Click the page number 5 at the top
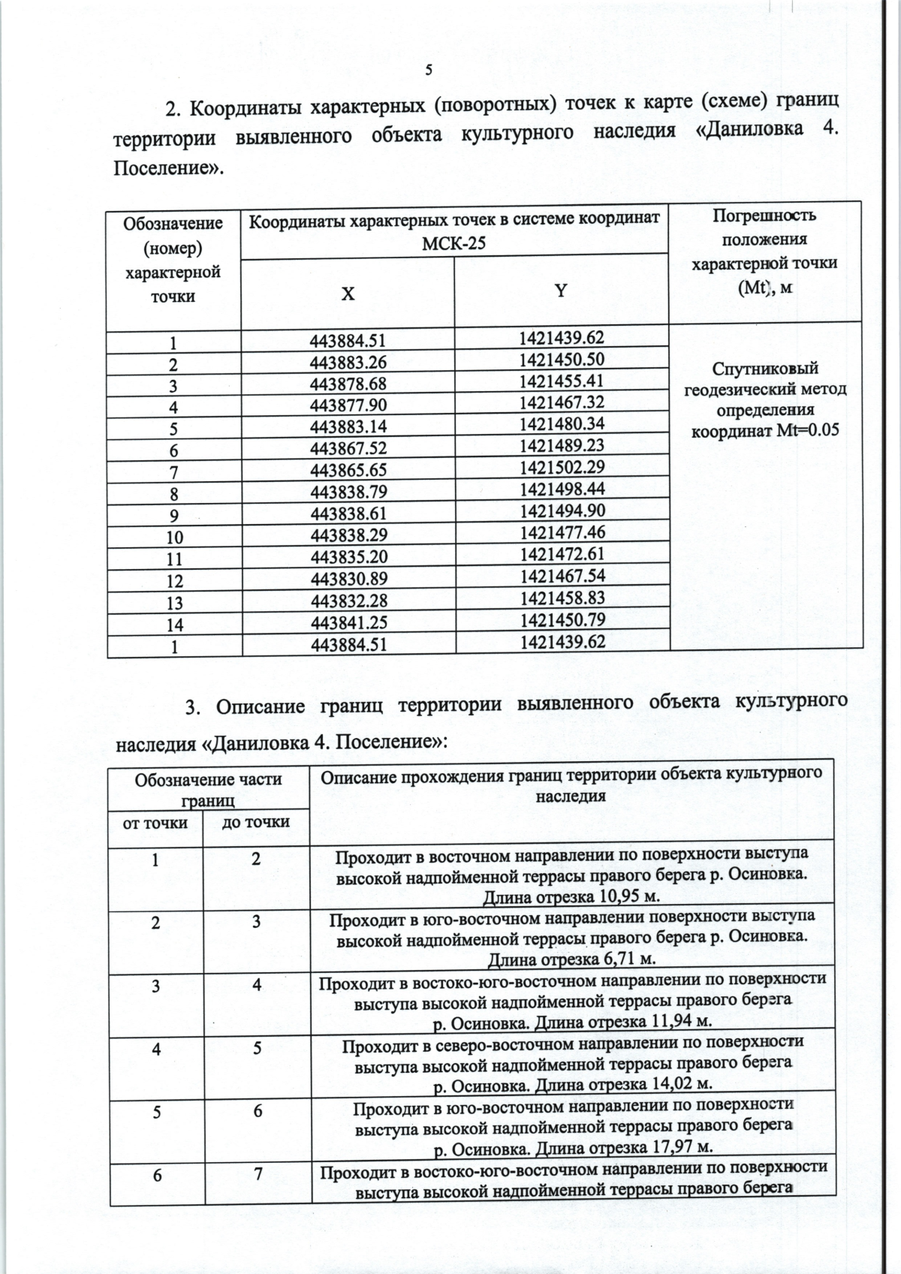coord(429,71)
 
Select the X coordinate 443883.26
coord(348,363)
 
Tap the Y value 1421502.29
coord(561,467)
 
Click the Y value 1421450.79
coord(561,619)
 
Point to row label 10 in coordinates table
coord(173,537)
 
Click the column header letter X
coord(348,294)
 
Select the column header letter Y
coord(561,291)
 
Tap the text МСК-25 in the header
coord(454,242)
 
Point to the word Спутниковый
coord(764,369)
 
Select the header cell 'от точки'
coord(155,823)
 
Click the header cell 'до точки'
coord(257,821)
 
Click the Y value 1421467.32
coord(561,402)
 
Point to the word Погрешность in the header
coord(764,216)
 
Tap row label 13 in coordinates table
coord(173,602)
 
